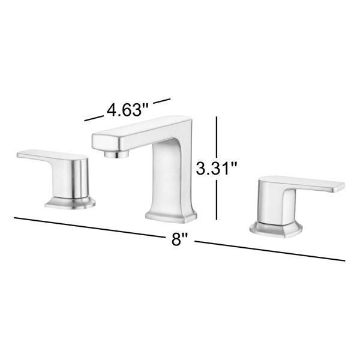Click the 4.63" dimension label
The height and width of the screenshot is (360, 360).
pyautogui.click(x=128, y=110)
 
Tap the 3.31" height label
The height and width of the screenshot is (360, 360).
pyautogui.click(x=217, y=168)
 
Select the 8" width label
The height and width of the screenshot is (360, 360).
pyautogui.click(x=180, y=239)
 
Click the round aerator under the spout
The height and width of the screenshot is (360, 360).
pyautogui.click(x=116, y=154)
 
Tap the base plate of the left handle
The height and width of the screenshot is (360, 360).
pyautogui.click(x=70, y=203)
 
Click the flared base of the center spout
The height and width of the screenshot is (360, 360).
pyautogui.click(x=171, y=216)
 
